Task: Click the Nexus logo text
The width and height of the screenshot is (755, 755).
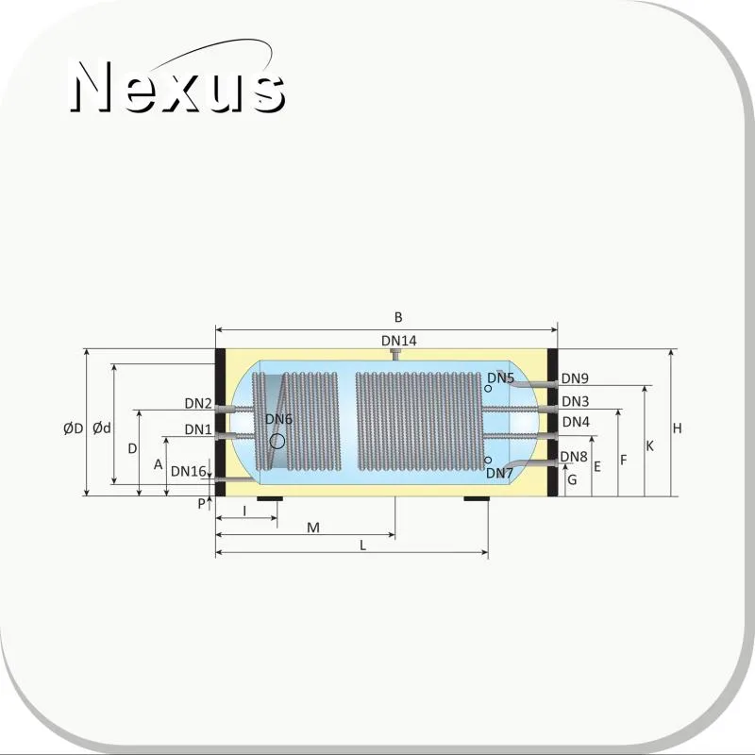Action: click(x=178, y=87)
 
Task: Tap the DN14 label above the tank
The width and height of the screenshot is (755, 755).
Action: click(x=398, y=341)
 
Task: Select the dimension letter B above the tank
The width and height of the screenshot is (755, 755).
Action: click(x=398, y=317)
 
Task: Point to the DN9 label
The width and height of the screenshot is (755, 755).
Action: click(x=575, y=378)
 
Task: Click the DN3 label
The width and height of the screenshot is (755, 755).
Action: click(x=575, y=401)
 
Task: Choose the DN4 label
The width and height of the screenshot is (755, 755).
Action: click(x=576, y=422)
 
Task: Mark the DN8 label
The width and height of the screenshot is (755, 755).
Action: click(x=574, y=457)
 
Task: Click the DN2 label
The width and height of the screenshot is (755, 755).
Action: click(x=198, y=404)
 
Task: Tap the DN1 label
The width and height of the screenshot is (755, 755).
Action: click(x=198, y=429)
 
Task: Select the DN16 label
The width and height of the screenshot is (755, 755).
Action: click(x=188, y=471)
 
